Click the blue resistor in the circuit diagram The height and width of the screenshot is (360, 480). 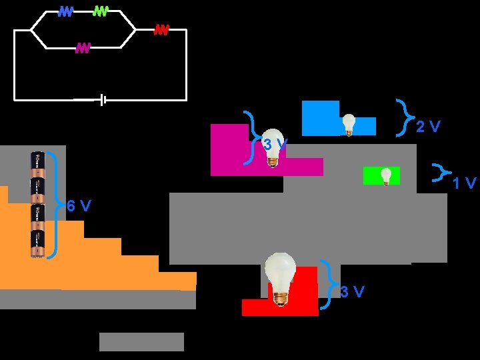[65, 11]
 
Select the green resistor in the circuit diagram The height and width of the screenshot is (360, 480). [101, 11]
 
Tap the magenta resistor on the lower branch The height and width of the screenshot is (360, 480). [83, 47]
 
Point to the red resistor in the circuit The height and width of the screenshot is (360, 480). [161, 29]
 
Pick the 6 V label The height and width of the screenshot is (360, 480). [79, 206]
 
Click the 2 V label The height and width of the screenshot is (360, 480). [428, 127]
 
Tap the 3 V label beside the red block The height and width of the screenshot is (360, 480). [352, 292]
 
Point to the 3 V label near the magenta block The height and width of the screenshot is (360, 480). [274, 144]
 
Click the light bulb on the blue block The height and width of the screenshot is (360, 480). [349, 125]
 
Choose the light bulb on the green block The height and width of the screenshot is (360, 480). [386, 176]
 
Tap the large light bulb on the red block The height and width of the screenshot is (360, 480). [281, 278]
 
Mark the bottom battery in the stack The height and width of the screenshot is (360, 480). [37, 244]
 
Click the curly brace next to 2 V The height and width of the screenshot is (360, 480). [403, 116]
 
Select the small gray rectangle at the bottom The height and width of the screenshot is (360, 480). [141, 341]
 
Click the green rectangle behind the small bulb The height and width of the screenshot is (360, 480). [372, 175]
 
